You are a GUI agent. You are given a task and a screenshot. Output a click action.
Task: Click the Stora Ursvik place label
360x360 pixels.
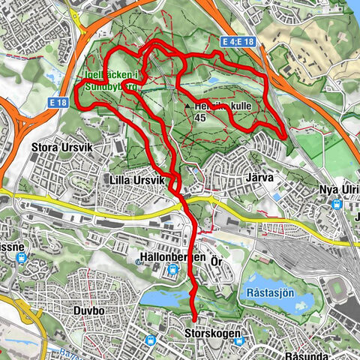click(x=59, y=147)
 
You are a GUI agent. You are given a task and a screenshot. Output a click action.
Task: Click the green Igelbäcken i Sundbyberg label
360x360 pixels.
click(x=110, y=79)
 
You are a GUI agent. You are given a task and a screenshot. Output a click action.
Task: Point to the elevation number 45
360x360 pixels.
click(x=199, y=117)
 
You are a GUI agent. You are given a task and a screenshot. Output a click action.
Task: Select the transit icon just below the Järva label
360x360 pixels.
click(x=277, y=196)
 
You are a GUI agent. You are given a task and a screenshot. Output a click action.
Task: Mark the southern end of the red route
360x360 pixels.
click(x=193, y=318)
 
